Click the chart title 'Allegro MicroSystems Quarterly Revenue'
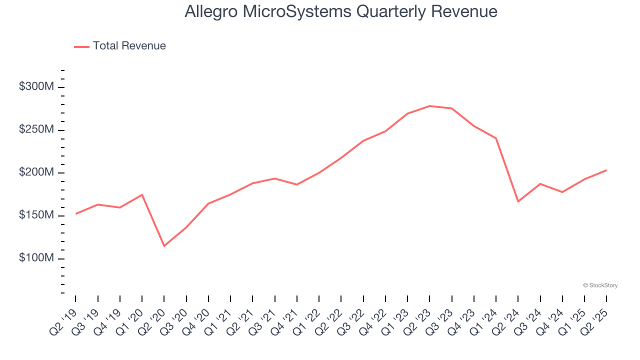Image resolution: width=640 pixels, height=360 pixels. click(x=341, y=11)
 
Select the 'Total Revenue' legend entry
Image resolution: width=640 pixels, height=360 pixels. click(x=129, y=46)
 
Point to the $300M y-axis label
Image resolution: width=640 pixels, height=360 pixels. click(x=36, y=86)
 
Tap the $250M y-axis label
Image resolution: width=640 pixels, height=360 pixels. click(x=36, y=129)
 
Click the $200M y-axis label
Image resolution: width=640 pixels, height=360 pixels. click(x=36, y=172)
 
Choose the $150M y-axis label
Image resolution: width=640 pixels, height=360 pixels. click(x=36, y=215)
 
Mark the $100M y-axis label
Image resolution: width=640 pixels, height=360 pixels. click(x=36, y=258)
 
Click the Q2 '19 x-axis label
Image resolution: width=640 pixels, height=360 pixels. click(x=63, y=320)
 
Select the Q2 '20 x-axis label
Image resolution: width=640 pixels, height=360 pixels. click(x=151, y=320)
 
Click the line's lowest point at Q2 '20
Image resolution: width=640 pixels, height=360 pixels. click(x=164, y=246)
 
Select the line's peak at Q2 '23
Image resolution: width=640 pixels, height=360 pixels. click(x=429, y=106)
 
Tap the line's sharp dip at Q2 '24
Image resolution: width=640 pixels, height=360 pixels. click(x=518, y=201)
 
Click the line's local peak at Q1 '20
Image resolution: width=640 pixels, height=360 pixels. click(x=142, y=194)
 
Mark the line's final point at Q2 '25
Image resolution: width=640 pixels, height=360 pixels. click(x=606, y=170)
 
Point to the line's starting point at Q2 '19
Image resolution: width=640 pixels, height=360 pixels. click(x=76, y=213)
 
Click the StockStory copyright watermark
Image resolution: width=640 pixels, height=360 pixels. click(x=600, y=285)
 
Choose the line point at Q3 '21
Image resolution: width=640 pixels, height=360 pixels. click(x=275, y=178)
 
